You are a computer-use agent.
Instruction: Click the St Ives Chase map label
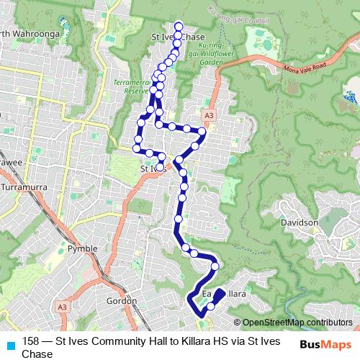pos(178,36)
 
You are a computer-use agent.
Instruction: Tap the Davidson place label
pos(299,223)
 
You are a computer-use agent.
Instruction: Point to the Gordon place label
pos(122,300)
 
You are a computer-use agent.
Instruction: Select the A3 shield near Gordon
pos(62,307)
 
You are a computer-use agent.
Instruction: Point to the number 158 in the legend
pos(31,342)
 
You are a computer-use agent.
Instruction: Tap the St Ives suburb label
pos(152,170)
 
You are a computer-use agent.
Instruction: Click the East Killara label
pos(225,294)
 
